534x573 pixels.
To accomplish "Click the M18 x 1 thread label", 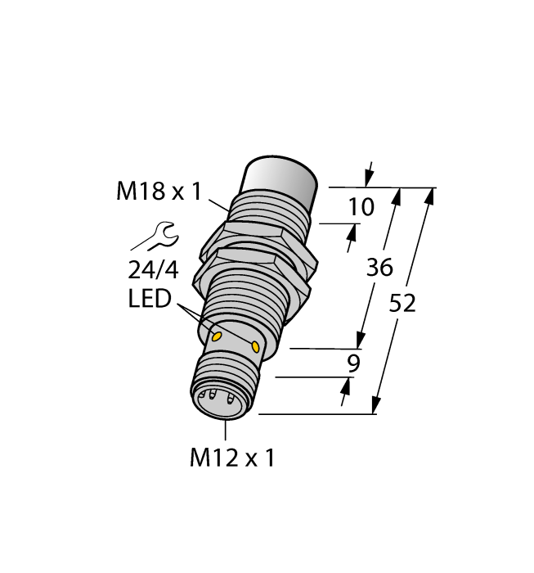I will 159,192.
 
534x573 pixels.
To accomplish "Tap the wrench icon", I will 155,237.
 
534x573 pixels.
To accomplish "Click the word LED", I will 150,300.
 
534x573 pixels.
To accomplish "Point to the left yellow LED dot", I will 218,336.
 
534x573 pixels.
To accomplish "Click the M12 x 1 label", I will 232,458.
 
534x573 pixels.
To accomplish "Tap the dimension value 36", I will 379,268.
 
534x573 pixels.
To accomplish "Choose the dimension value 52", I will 402,304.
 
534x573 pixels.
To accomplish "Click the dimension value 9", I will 353,363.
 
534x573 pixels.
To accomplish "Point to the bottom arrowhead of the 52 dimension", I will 377,406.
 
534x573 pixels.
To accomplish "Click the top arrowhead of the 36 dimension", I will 398,196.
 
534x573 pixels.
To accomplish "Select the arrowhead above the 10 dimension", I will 369,178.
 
